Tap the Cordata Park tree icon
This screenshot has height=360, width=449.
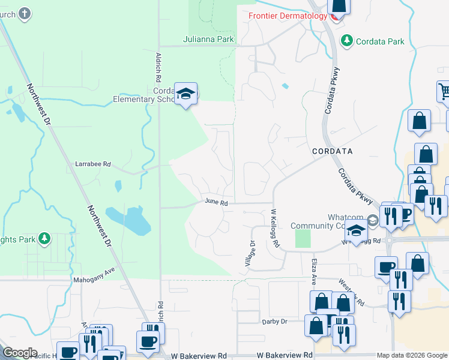coord(346,41)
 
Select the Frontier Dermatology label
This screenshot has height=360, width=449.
coord(287,16)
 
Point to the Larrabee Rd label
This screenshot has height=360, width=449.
coord(93,163)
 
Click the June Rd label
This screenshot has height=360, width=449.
coord(216,203)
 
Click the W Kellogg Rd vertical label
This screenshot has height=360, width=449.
coord(276,228)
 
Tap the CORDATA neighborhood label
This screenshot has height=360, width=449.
coord(332,151)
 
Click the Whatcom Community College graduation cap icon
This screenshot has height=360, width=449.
coord(356,231)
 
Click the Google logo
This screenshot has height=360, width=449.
coord(19,353)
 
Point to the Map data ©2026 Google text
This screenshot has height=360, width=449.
coord(411,355)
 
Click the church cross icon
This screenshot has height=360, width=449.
coord(24,13)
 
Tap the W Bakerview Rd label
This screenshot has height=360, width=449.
coord(284,355)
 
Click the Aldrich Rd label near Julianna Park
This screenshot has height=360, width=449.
coord(158,66)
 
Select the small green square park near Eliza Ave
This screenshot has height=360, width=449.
coord(304,239)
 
